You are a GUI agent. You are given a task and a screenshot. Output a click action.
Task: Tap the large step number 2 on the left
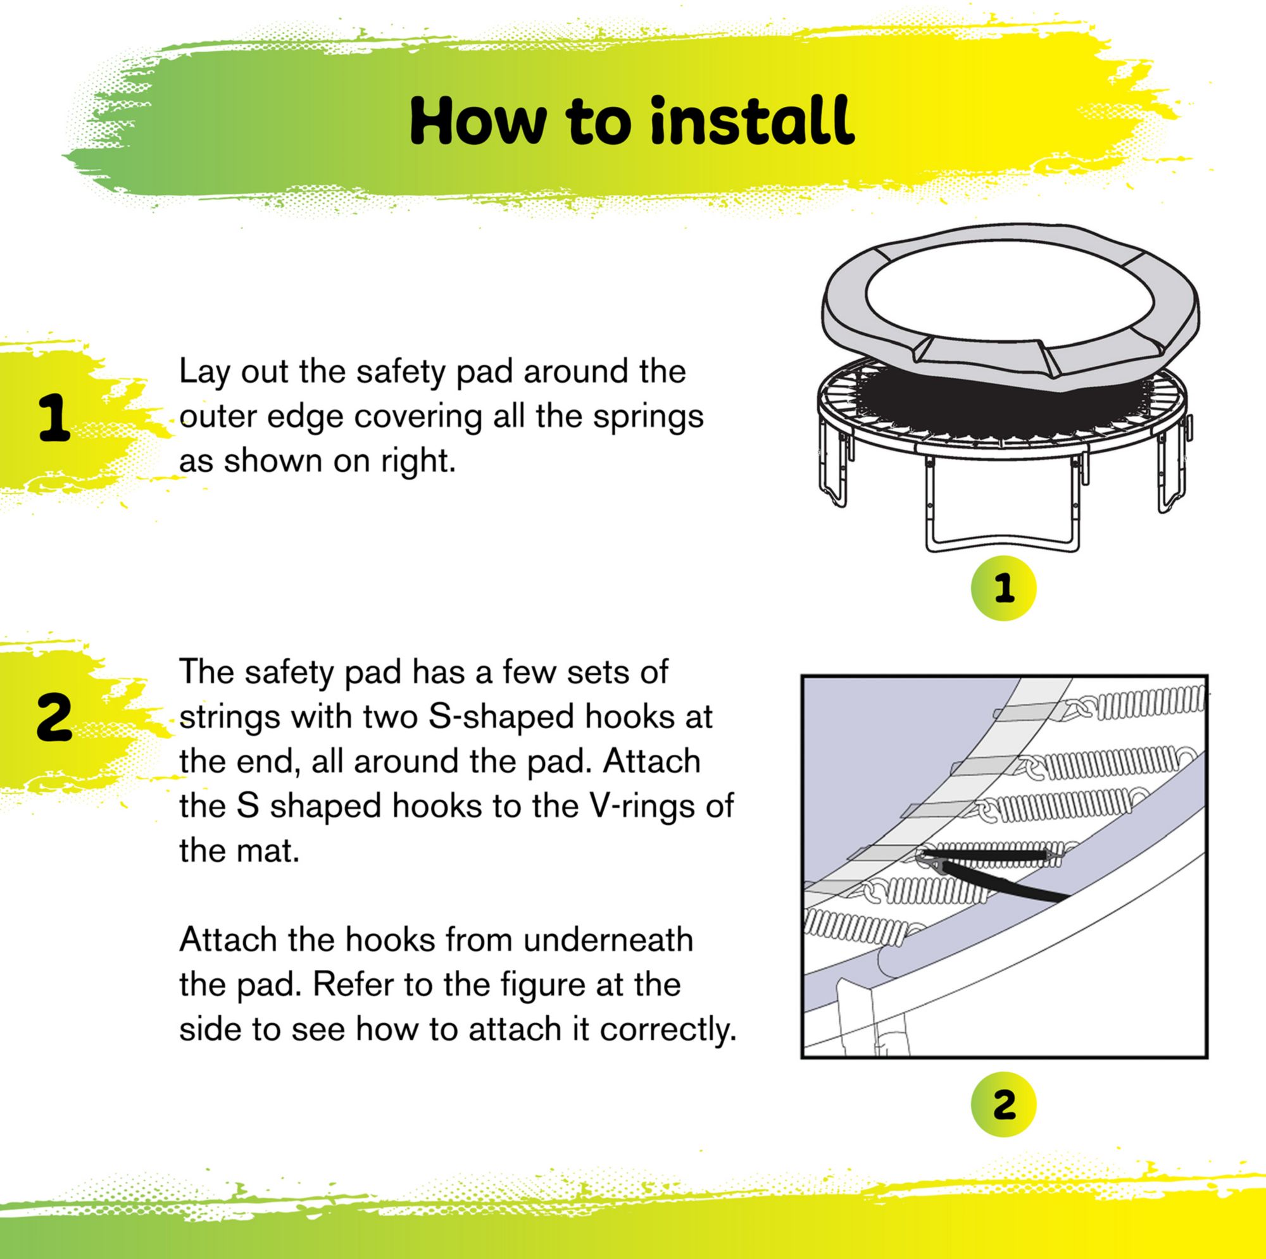click(x=54, y=719)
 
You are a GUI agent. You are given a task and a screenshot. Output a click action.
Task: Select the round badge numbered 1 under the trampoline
click(x=1003, y=588)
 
